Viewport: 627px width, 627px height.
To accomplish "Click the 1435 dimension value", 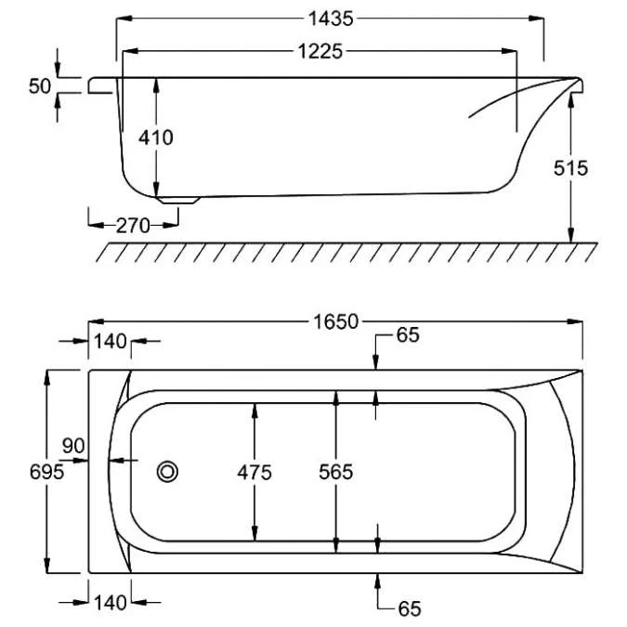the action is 331,19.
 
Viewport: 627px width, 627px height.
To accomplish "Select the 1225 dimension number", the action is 320,52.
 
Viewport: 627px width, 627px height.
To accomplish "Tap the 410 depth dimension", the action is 156,138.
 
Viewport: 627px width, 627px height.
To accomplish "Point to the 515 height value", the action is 570,168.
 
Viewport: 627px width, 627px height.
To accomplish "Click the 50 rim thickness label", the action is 40,86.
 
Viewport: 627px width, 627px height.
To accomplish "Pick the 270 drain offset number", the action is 133,226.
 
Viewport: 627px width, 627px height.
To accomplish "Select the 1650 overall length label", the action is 336,322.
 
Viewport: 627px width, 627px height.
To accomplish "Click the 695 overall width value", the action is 46,472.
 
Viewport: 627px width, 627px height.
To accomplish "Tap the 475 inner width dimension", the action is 255,473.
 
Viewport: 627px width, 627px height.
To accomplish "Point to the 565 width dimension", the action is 336,472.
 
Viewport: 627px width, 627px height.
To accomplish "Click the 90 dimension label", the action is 73,446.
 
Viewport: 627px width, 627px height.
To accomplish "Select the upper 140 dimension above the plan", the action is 110,342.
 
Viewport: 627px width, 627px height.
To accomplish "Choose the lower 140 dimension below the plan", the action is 110,603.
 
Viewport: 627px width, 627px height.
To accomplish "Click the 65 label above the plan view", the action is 408,335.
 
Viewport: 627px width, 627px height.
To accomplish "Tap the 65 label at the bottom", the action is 410,609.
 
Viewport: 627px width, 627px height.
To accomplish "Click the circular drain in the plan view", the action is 167,472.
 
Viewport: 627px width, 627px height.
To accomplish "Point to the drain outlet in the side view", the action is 178,200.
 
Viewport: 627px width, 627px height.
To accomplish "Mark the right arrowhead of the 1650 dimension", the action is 575,321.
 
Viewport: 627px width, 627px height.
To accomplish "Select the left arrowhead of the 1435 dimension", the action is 124,19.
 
